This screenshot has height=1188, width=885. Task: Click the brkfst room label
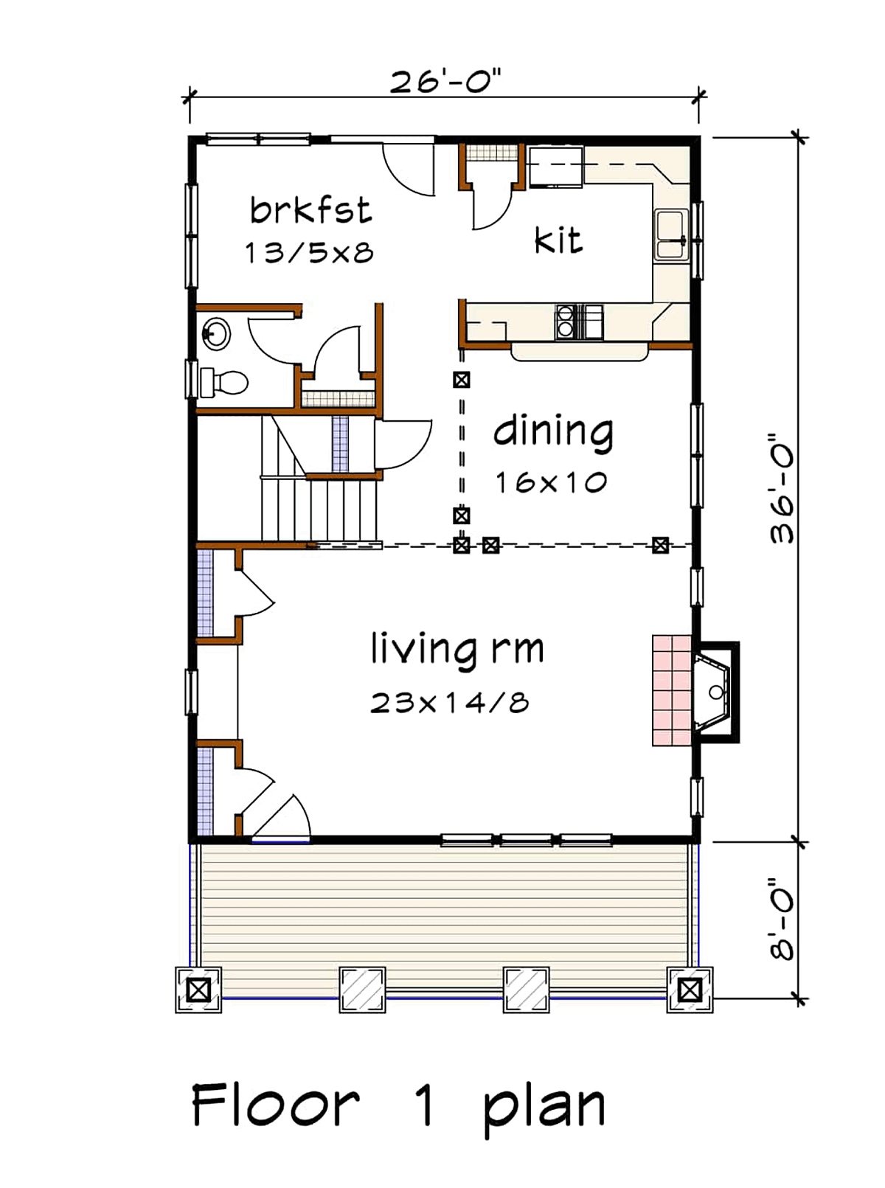click(x=310, y=210)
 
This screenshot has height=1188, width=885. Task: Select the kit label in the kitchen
click(x=558, y=240)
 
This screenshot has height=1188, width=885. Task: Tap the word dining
click(x=553, y=431)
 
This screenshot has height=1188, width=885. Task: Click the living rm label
click(x=457, y=649)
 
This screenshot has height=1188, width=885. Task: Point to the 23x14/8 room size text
click(x=450, y=703)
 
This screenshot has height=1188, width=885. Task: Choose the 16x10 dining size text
click(x=551, y=482)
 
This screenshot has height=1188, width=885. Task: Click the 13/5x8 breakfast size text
click(x=309, y=252)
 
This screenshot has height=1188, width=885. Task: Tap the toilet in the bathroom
click(x=224, y=383)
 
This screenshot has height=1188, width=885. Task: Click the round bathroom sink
click(x=216, y=334)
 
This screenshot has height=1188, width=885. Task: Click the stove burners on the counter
click(x=565, y=322)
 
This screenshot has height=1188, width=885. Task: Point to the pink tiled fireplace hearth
click(x=672, y=691)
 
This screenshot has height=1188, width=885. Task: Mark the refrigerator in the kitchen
click(x=555, y=167)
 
